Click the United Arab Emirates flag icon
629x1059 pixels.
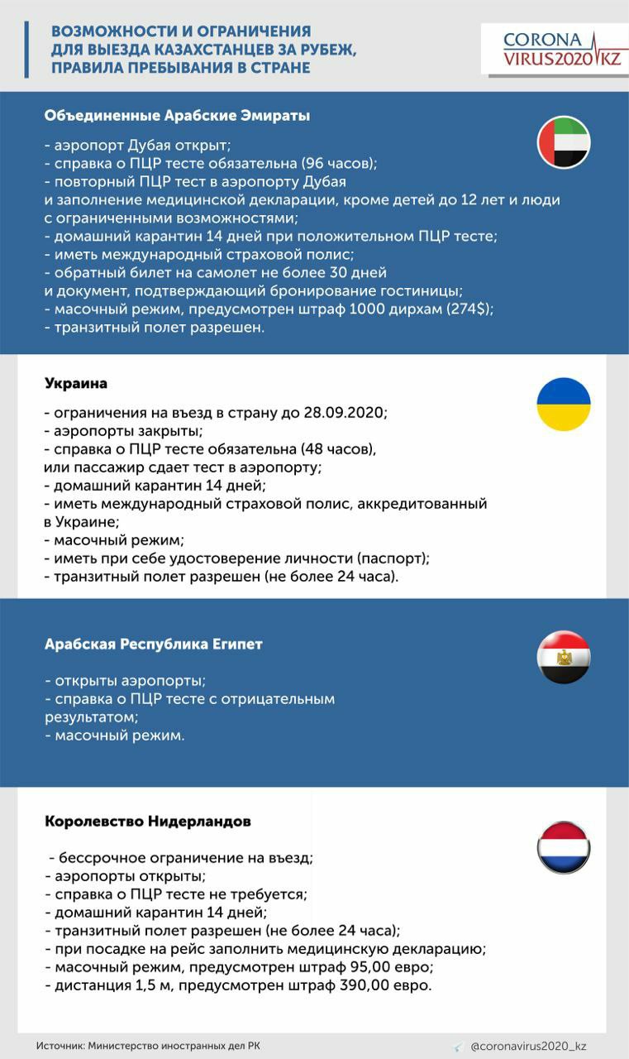[564, 143]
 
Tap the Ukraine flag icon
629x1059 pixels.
[564, 404]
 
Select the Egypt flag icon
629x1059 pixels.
[564, 657]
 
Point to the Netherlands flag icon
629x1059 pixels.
[564, 847]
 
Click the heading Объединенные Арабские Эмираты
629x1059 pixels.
[177, 116]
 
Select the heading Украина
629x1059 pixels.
[75, 384]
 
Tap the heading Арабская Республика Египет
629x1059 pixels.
[153, 644]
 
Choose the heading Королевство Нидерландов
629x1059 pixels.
[147, 822]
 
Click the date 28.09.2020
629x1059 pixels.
[346, 412]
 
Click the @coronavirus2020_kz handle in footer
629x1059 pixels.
[528, 1046]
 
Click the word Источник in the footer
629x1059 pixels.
[59, 1046]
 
